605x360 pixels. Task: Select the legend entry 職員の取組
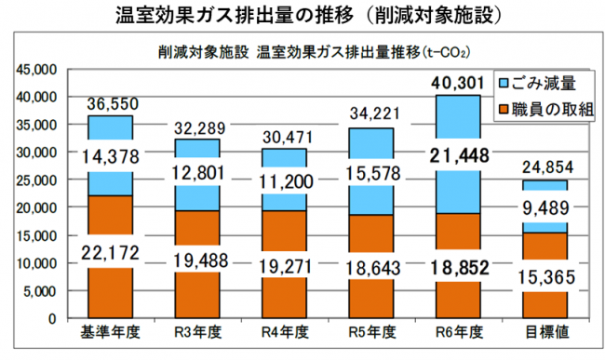[556, 109]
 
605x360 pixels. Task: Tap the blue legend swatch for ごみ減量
[505, 83]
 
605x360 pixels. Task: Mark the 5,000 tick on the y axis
[41, 291]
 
